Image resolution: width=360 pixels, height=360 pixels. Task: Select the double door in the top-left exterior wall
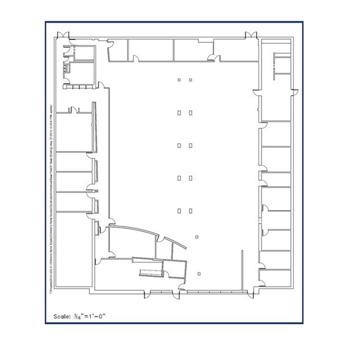pyautogui.click(x=64, y=34)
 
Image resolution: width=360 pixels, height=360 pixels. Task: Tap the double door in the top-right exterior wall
pyautogui.click(x=252, y=34)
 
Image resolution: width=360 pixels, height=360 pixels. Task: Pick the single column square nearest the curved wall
pyautogui.click(x=196, y=236)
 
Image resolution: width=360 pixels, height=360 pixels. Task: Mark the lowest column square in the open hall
pyautogui.click(x=200, y=272)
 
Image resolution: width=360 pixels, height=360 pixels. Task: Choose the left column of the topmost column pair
pyautogui.click(x=179, y=80)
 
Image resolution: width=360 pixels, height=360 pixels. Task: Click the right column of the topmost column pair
pyautogui.click(x=191, y=80)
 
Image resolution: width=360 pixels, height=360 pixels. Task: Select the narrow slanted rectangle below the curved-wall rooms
pyautogui.click(x=151, y=272)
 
